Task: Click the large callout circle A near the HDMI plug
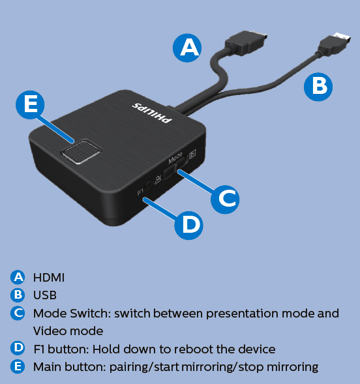coord(187,48)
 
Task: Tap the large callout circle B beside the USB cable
coord(318,87)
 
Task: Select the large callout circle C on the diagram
coord(225,199)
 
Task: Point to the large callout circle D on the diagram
coord(188,226)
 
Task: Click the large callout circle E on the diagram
coord(30,105)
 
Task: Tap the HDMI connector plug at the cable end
coord(246,42)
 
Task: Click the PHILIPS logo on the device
coord(152,113)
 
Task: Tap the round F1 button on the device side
coord(149,184)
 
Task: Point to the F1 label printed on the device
coord(140,192)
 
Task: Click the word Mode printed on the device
coord(175,158)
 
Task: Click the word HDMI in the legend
coord(49,278)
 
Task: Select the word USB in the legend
coord(45,295)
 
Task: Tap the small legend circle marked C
coord(18,313)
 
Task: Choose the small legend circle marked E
coord(18,366)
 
